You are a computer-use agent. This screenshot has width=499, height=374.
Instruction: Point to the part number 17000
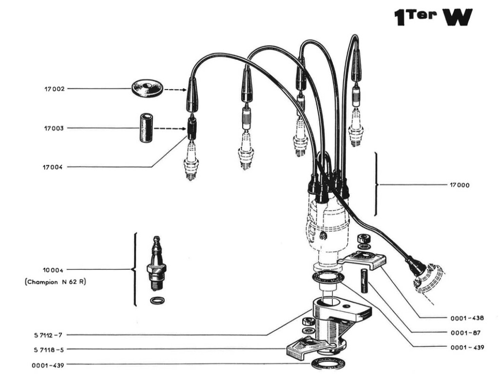[x=460, y=186]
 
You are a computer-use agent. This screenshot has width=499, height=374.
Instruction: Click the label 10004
[x=52, y=269]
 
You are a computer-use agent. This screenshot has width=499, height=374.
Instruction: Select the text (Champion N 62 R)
[x=55, y=281]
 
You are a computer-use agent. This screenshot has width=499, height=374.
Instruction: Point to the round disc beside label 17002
[x=147, y=88]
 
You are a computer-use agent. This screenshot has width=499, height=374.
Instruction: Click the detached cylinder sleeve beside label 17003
[x=146, y=128]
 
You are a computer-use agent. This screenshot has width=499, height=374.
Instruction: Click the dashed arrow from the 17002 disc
[x=174, y=90]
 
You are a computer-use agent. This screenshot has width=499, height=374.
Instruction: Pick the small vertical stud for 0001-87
[x=364, y=280]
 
